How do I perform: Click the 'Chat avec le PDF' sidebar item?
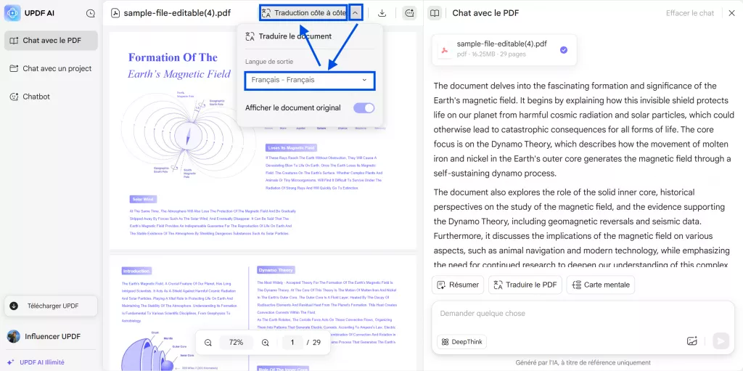click(x=51, y=41)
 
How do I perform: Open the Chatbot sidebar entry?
click(x=36, y=97)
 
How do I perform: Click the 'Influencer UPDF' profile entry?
click(x=51, y=336)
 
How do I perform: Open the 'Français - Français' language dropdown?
click(x=310, y=80)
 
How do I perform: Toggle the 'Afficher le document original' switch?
click(x=364, y=108)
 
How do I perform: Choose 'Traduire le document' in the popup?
click(x=295, y=36)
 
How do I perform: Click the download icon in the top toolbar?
click(x=382, y=13)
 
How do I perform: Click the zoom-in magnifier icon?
click(x=266, y=342)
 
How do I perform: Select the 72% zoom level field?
click(x=236, y=342)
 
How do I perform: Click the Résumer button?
click(x=457, y=285)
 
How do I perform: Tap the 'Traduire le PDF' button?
click(x=525, y=285)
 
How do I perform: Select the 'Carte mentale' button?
click(x=600, y=285)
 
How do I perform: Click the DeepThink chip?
click(x=461, y=341)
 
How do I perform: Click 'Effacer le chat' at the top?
click(x=690, y=13)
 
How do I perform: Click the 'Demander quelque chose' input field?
click(x=559, y=314)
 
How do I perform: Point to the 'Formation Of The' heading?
click(x=173, y=57)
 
